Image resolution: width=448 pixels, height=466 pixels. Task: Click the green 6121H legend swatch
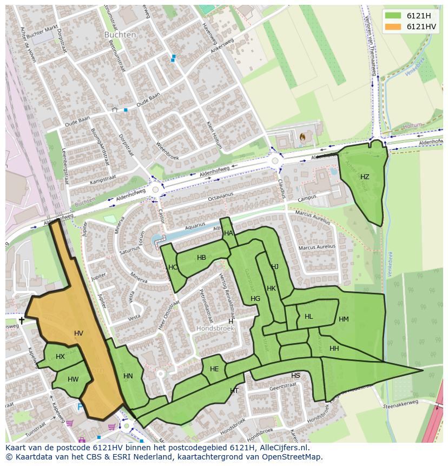(x=394, y=16)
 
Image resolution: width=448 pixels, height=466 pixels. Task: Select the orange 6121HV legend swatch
(x=394, y=27)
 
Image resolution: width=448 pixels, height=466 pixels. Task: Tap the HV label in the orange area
(x=78, y=333)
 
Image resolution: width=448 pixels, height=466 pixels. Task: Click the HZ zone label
(x=365, y=177)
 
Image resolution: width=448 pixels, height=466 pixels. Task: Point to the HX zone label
(x=60, y=356)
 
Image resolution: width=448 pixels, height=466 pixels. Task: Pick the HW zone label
(x=73, y=379)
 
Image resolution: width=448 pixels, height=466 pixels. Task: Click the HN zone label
(x=128, y=376)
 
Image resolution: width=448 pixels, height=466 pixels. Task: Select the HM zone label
(x=344, y=319)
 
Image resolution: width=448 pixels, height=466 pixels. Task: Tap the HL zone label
(x=308, y=317)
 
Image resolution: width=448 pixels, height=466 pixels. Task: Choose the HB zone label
(x=201, y=258)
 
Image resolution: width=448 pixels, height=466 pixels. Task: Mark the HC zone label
(x=173, y=267)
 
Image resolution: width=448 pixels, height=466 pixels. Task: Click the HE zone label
(x=214, y=369)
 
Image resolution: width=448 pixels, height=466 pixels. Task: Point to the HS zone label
(x=295, y=376)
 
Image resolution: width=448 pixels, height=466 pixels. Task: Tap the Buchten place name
(x=120, y=34)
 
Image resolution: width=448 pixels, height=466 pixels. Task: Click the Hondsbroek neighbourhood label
(x=215, y=329)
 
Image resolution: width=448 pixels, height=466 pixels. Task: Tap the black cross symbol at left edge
(x=22, y=320)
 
